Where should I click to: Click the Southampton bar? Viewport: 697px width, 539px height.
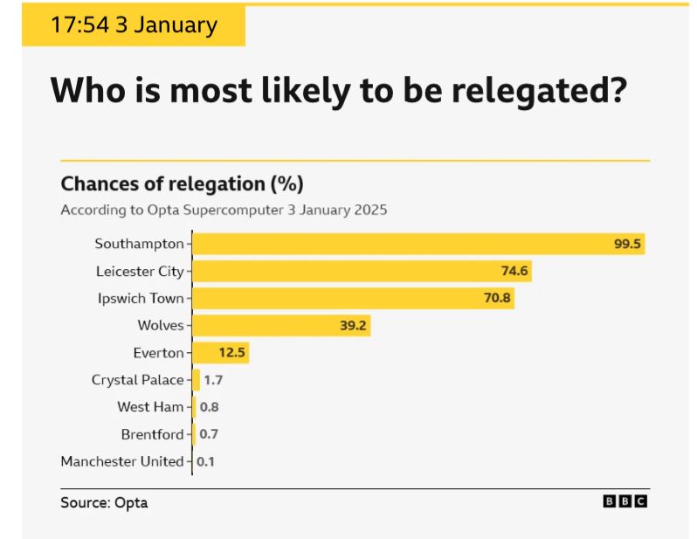[x=418, y=244]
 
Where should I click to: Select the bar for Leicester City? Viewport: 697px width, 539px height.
[x=362, y=271]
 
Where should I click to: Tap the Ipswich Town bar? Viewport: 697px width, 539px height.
[x=353, y=299]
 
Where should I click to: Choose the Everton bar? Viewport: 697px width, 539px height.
[x=220, y=353]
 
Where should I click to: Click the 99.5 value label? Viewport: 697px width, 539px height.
[x=627, y=245]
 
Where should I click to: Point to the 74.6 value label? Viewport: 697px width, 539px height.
[x=514, y=272]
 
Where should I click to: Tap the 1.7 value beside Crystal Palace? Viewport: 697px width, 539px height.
[x=213, y=380]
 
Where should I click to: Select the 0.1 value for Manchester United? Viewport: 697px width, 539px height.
[x=205, y=461]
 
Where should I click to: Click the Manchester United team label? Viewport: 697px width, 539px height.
[x=122, y=461]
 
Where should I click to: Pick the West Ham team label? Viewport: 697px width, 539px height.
[x=150, y=407]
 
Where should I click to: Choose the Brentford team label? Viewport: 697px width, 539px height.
[x=152, y=434]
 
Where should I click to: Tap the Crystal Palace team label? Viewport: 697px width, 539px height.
[x=137, y=380]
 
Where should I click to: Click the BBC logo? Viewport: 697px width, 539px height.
[x=625, y=501]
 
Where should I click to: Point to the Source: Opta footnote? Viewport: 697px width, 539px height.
[x=104, y=502]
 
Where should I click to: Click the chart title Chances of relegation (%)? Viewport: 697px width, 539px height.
[x=182, y=184]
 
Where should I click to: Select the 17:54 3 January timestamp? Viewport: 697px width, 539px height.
[x=133, y=24]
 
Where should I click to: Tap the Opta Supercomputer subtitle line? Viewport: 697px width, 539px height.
[x=224, y=211]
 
